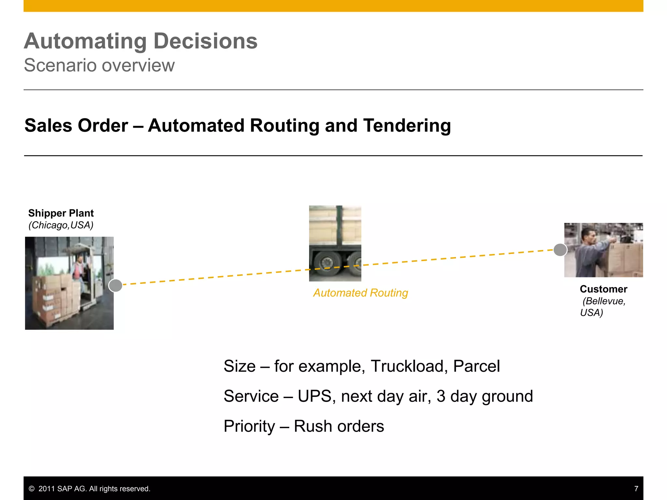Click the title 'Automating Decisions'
(x=140, y=41)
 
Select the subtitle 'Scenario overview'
(x=99, y=65)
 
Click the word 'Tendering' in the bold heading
(x=407, y=126)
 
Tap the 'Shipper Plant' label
(x=61, y=213)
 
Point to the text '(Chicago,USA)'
(x=61, y=225)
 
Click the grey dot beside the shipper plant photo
(x=115, y=285)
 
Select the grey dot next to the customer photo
(x=560, y=250)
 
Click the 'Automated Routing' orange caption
(x=361, y=293)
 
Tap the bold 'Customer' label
(x=603, y=289)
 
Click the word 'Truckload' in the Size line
(x=407, y=366)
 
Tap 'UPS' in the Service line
(x=314, y=396)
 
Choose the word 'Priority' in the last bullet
(x=249, y=426)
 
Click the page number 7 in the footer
(x=636, y=489)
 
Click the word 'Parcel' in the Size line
(x=476, y=366)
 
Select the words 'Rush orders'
(x=339, y=426)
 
